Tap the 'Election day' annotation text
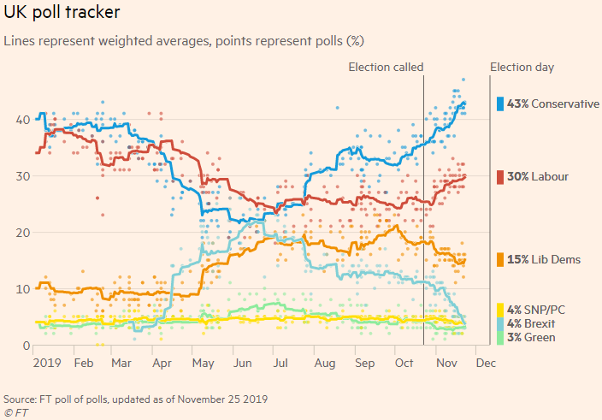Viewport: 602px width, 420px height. (x=521, y=67)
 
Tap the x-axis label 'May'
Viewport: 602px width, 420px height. (x=203, y=363)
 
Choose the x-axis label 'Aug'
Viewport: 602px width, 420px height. (x=324, y=363)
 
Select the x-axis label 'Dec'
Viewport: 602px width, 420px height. (x=485, y=363)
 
